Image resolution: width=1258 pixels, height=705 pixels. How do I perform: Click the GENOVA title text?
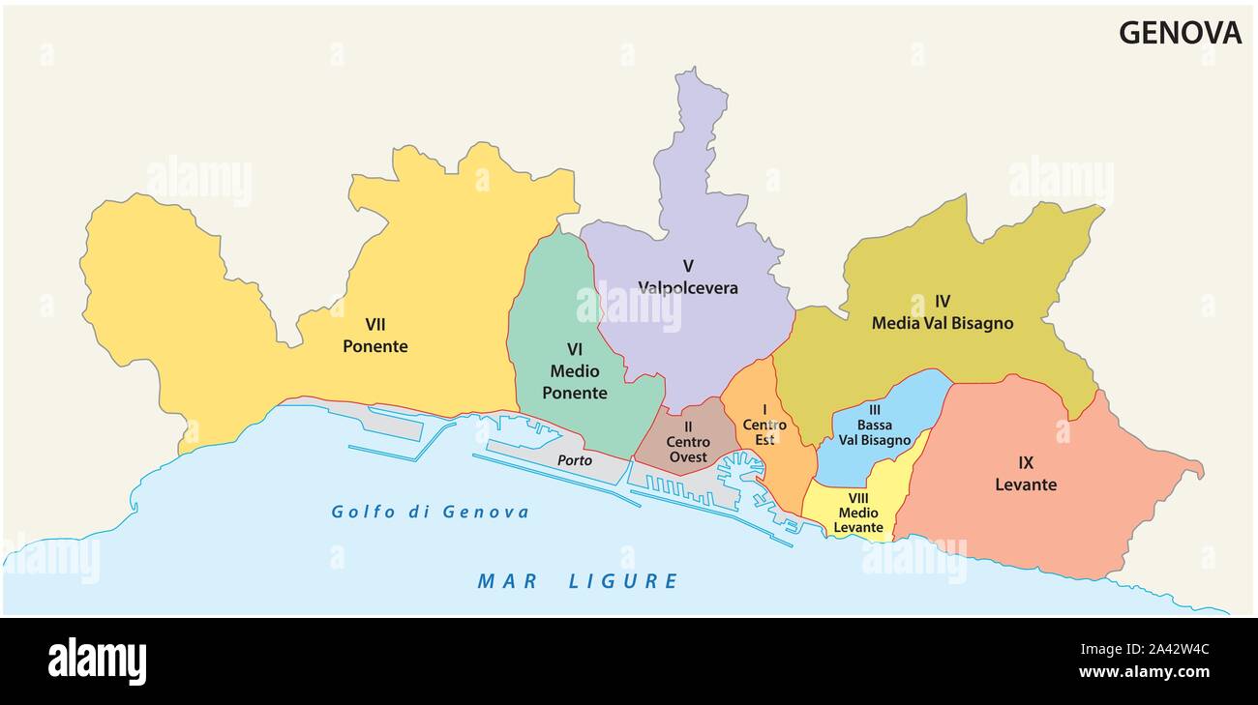pyautogui.click(x=1180, y=33)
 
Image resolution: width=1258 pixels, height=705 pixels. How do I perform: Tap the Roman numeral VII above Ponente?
pyautogui.click(x=375, y=324)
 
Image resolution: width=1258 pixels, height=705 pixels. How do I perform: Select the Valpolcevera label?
pyautogui.click(x=687, y=287)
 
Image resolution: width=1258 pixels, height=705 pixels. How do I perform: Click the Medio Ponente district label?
pyautogui.click(x=575, y=382)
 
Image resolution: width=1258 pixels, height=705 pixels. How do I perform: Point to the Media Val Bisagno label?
pyautogui.click(x=943, y=323)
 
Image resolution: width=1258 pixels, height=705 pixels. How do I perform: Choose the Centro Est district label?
pyautogui.click(x=764, y=431)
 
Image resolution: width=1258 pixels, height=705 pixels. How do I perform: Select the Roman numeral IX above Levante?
pyautogui.click(x=1026, y=462)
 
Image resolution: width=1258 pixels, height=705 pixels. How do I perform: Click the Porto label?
pyautogui.click(x=574, y=460)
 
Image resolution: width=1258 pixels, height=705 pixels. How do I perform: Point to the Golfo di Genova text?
pyautogui.click(x=431, y=512)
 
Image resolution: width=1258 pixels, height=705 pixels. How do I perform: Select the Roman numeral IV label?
pyautogui.click(x=943, y=301)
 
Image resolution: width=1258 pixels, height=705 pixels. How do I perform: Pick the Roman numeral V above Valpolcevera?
pyautogui.click(x=687, y=265)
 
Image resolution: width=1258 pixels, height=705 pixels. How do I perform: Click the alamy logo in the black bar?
pyautogui.click(x=97, y=661)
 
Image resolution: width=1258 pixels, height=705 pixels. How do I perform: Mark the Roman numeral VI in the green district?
pyautogui.click(x=575, y=349)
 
